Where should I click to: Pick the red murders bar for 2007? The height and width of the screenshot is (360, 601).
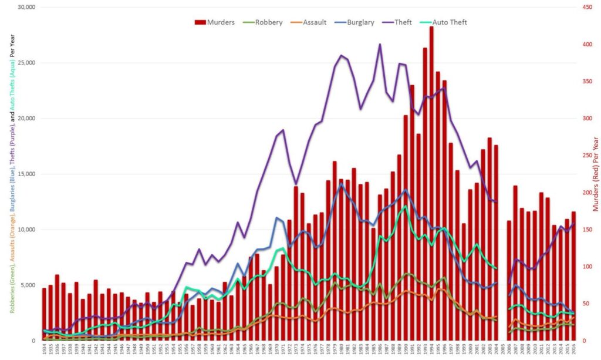click(515, 264)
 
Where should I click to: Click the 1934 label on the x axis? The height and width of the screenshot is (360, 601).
click(44, 350)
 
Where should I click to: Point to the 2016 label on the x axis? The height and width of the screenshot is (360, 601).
click(573, 350)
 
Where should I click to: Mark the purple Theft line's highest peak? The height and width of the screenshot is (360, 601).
click(380, 44)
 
